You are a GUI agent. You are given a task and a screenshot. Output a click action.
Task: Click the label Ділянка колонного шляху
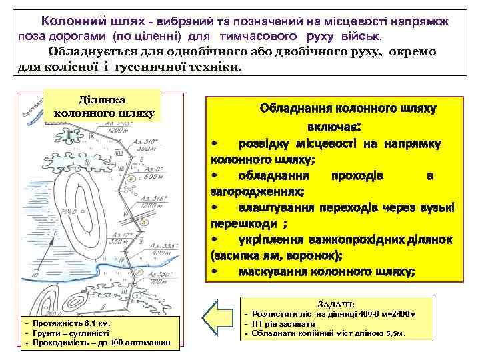coord(103,106)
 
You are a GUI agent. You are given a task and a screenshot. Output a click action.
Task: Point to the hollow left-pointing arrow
coord(219,319)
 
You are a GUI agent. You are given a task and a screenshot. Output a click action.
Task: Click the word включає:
coord(334,126)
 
